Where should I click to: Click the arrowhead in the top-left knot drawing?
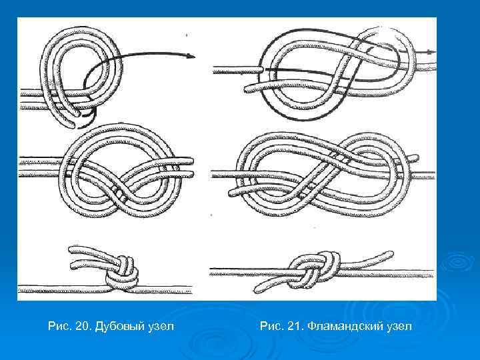click(x=191, y=56)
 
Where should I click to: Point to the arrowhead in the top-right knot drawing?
click(x=431, y=52)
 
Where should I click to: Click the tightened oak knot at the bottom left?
click(x=121, y=273)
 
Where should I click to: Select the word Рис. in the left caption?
click(x=59, y=326)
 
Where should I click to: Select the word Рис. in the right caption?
click(x=271, y=326)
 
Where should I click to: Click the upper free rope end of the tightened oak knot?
click(x=71, y=249)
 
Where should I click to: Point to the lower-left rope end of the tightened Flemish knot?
click(x=258, y=289)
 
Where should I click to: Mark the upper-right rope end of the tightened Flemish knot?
click(x=390, y=254)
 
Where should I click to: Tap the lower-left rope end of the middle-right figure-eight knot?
click(x=233, y=193)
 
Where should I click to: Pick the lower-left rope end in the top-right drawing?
click(x=249, y=89)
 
